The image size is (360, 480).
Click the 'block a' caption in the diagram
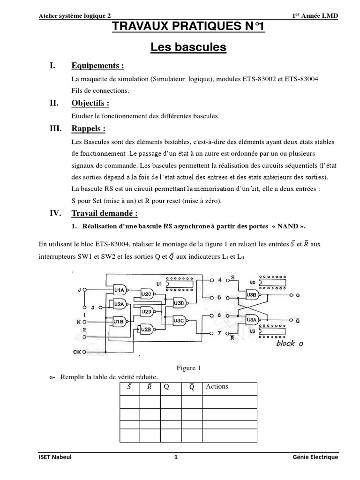(289, 343)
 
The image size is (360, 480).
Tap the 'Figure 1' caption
(188, 368)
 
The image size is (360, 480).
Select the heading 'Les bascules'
(188, 47)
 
